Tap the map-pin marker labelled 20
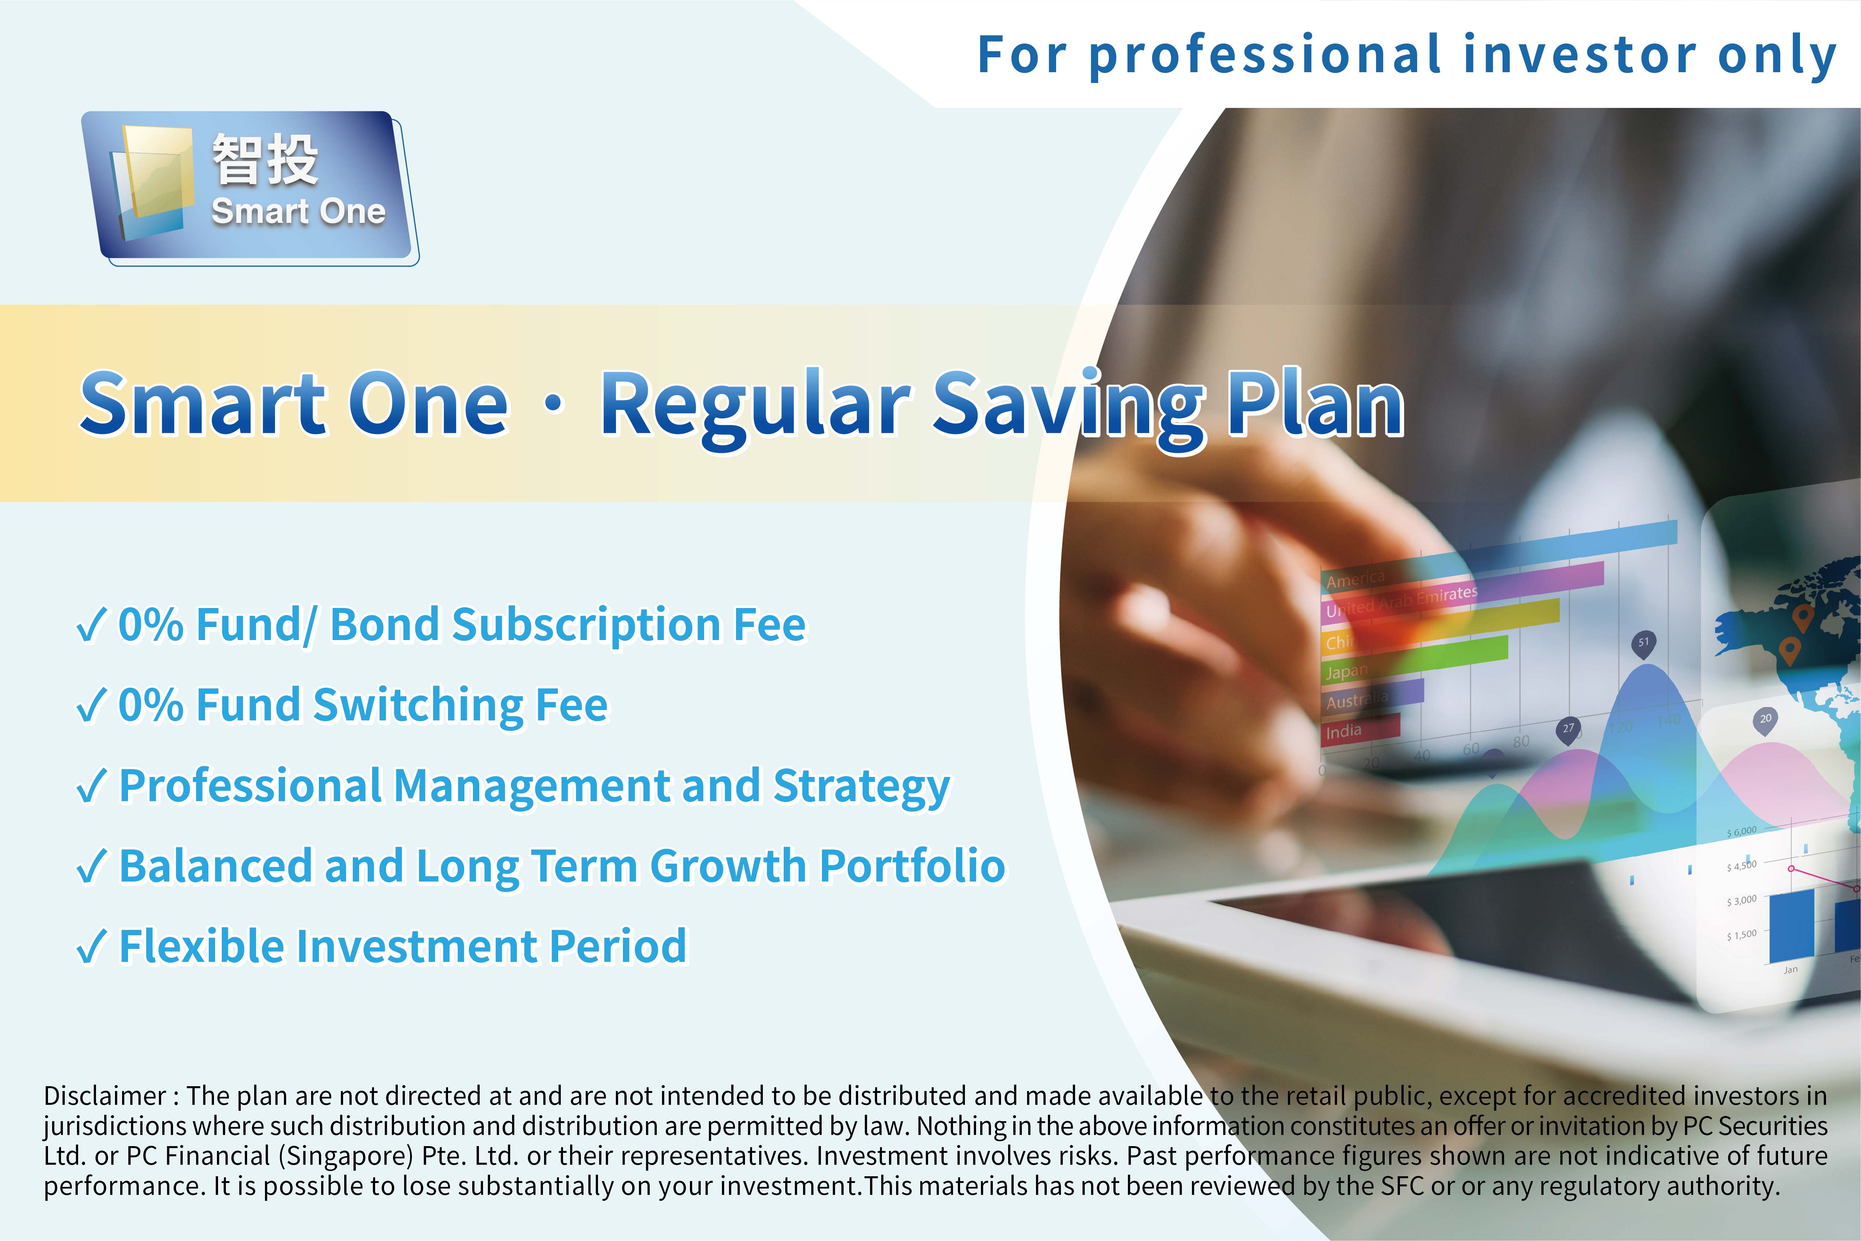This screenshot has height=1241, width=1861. (1765, 720)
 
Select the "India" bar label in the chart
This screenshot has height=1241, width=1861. (1343, 731)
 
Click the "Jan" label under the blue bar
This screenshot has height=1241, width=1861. (1791, 969)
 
